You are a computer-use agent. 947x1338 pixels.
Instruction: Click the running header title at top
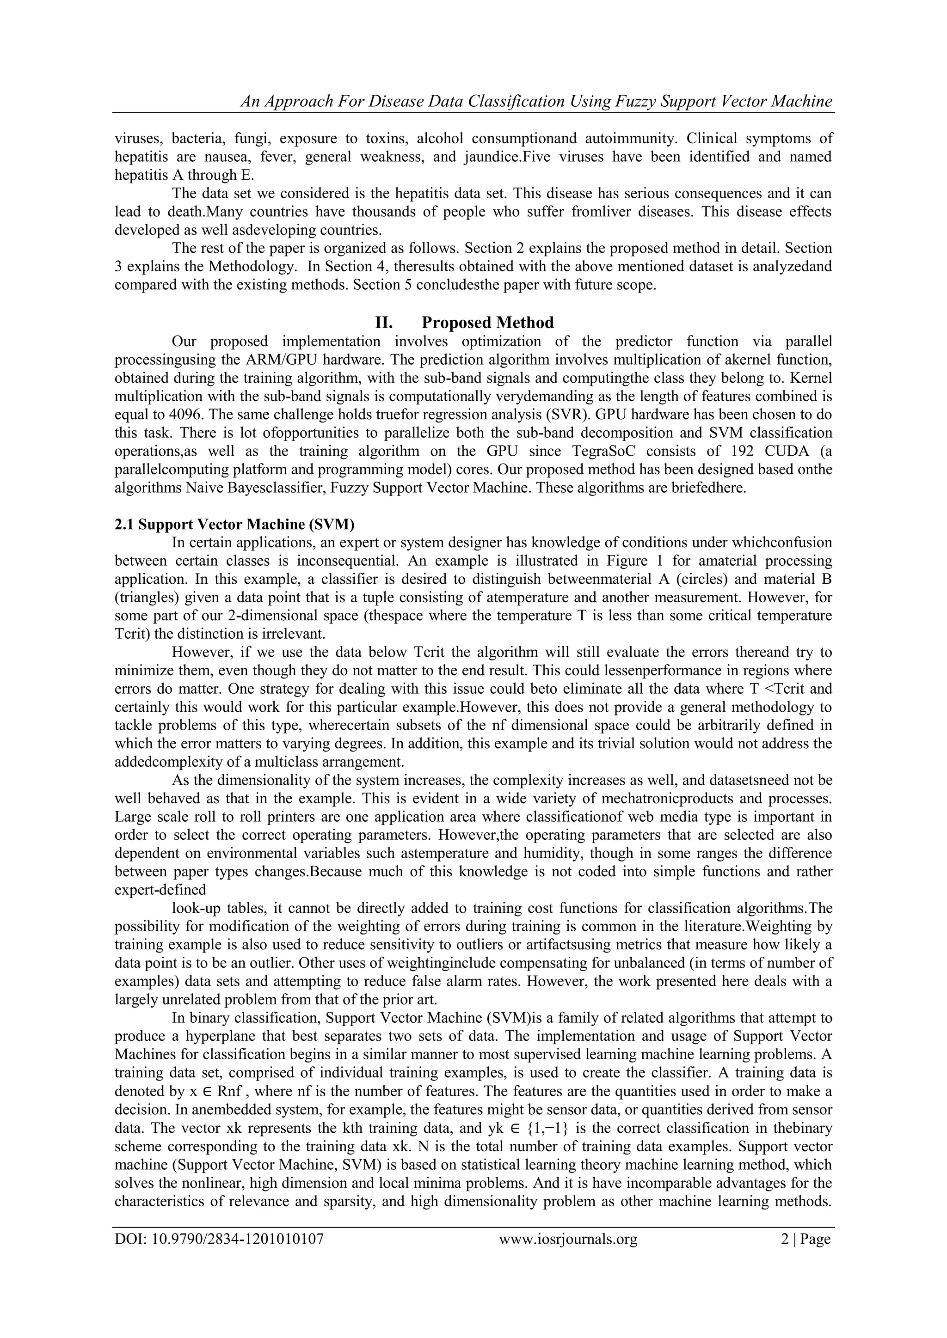536,101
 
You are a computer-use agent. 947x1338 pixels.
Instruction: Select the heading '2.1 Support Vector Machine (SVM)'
234,525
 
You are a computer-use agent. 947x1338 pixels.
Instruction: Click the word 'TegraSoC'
588,451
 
